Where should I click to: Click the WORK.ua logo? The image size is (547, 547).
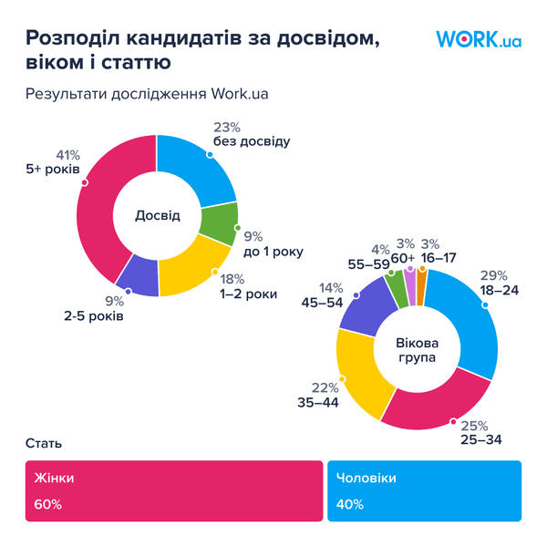(479, 39)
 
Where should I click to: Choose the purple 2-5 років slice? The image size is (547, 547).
(138, 273)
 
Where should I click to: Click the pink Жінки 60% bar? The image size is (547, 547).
(173, 490)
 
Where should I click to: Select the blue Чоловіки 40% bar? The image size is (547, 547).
(424, 490)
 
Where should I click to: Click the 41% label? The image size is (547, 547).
(68, 154)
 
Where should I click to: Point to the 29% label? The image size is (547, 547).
(493, 275)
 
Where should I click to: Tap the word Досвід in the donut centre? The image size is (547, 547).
(158, 216)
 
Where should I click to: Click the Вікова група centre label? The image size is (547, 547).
(416, 351)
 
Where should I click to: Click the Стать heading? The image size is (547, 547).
(44, 444)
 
